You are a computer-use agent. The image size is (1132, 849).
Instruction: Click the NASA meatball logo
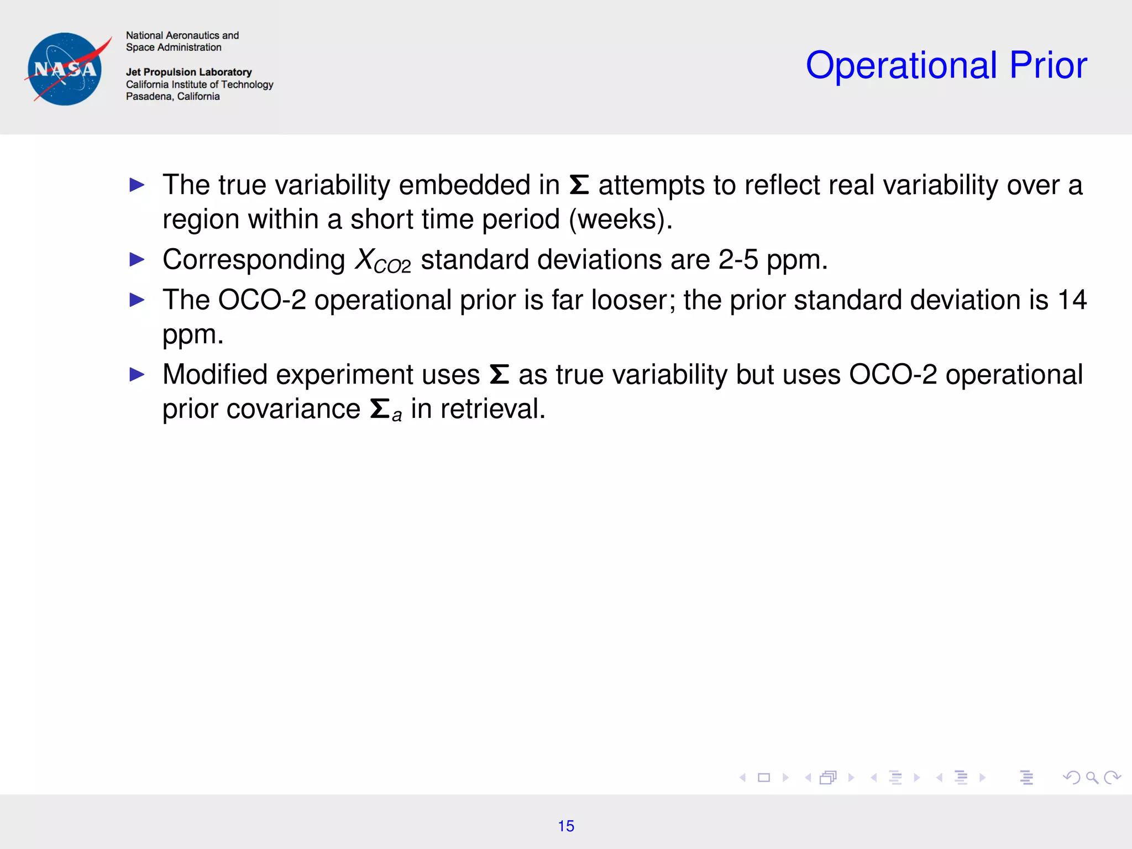click(x=65, y=69)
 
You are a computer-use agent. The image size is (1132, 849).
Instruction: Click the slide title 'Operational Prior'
click(x=946, y=66)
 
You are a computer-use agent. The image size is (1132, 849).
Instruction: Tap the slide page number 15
click(x=566, y=826)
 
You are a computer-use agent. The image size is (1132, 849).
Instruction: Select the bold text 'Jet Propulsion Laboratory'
click(x=188, y=72)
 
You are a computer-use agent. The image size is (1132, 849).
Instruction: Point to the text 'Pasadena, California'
click(x=172, y=96)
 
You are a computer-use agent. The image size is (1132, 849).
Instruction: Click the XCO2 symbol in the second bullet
click(x=382, y=260)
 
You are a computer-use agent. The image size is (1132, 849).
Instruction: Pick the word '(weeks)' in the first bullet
click(x=620, y=219)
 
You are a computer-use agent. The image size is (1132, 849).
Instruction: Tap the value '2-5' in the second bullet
click(x=738, y=260)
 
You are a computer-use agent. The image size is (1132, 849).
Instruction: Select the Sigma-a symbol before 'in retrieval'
click(x=385, y=410)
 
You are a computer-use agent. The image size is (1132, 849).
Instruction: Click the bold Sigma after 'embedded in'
click(x=579, y=185)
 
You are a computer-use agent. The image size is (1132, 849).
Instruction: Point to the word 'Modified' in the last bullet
click(x=215, y=375)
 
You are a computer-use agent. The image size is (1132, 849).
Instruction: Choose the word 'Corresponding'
click(x=254, y=260)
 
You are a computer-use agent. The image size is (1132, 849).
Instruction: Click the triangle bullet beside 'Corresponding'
click(x=137, y=259)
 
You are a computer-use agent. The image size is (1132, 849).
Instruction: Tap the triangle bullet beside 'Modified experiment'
click(x=137, y=375)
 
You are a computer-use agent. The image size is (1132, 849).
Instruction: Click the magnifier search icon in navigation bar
click(x=1092, y=778)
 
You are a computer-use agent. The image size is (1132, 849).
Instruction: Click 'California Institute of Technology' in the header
click(x=200, y=84)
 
